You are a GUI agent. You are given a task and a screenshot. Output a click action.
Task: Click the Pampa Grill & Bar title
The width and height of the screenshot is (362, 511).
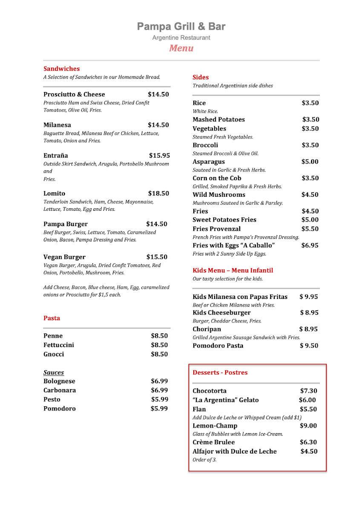181,27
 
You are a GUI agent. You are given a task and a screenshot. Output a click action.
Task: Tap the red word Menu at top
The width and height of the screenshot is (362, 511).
181,48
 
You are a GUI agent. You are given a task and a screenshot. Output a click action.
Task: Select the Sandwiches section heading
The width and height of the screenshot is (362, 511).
61,69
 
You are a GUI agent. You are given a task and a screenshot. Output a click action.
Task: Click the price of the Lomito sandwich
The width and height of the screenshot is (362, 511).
158,193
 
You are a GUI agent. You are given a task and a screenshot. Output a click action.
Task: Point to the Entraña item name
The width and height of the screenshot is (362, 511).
55,155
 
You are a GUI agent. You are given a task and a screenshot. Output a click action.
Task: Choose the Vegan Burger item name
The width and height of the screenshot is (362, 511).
64,257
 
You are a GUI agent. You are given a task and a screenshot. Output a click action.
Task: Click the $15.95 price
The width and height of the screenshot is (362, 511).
159,155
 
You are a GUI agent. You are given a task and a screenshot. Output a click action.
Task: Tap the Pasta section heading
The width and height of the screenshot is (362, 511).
52,318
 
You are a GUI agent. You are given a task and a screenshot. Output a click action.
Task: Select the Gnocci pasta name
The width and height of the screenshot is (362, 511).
54,354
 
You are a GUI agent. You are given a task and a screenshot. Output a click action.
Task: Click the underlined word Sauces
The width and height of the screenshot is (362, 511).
54,373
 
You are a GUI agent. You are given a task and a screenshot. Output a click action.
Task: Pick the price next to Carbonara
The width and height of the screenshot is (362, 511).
159,390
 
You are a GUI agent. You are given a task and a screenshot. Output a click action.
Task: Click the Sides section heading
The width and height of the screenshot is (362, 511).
201,77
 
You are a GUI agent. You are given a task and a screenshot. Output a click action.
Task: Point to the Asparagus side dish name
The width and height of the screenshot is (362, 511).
209,162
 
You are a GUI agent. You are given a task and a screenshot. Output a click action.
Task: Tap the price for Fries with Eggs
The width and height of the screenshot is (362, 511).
310,245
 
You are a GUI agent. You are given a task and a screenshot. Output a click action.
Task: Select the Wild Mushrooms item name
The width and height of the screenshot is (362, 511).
219,195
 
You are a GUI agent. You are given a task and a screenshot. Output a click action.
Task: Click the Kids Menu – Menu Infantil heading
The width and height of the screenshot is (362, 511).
233,270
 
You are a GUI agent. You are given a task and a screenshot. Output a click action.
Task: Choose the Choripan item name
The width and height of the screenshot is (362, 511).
207,329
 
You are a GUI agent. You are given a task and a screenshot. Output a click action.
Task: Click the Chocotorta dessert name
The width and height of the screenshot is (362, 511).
210,391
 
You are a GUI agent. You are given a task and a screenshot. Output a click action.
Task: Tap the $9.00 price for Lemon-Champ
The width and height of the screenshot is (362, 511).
308,426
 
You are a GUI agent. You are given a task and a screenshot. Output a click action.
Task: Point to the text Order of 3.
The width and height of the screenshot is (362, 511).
204,460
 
